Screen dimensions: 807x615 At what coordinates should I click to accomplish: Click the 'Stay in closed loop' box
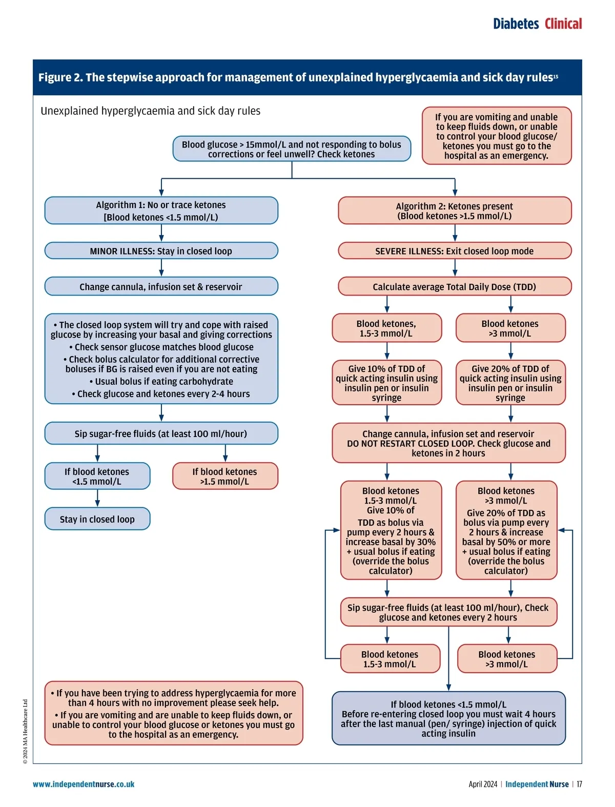tap(97, 519)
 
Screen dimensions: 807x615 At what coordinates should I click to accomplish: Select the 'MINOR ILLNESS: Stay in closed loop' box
tap(161, 251)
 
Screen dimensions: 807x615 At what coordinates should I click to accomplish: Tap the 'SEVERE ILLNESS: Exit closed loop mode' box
tap(455, 251)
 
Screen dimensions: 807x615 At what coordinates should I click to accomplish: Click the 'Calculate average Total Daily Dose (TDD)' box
tap(455, 287)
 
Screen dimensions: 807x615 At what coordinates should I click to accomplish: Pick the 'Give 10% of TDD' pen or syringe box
tap(387, 383)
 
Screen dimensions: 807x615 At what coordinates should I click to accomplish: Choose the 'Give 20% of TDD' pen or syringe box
tap(510, 383)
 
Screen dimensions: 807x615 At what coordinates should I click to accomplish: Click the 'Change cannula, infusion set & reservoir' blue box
tap(161, 287)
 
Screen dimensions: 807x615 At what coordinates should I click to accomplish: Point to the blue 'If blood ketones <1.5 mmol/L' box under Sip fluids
tap(97, 477)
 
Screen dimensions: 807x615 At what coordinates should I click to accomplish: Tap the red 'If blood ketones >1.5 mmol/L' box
tap(225, 477)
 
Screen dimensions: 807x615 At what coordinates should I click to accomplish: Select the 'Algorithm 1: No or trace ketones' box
tap(161, 211)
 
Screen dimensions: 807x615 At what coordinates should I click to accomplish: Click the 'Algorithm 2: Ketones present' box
tap(455, 211)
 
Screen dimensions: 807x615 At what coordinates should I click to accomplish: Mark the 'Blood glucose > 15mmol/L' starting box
tap(292, 149)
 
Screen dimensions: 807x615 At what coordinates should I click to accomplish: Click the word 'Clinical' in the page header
tap(563, 24)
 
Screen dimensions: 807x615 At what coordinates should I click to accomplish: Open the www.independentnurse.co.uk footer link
tap(84, 784)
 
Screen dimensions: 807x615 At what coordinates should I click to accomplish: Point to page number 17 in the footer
tap(579, 784)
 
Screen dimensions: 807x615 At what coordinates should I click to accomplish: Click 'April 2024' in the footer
tap(483, 784)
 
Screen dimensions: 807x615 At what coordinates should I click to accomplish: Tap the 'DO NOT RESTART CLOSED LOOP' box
tap(448, 443)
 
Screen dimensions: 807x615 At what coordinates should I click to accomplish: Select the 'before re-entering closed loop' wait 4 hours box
tap(448, 718)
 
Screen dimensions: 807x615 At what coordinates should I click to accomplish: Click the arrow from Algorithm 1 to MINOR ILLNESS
tap(161, 234)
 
